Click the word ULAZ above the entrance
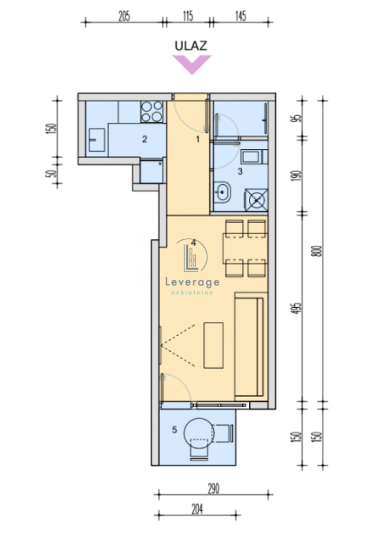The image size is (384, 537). (x=191, y=46)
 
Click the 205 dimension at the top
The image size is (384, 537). (x=124, y=16)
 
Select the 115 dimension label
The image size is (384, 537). (x=188, y=16)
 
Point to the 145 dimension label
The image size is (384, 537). (x=241, y=16)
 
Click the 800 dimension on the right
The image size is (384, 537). (x=318, y=251)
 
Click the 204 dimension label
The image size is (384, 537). (x=197, y=509)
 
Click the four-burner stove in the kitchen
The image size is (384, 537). (x=152, y=111)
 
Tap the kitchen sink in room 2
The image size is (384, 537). (x=97, y=140)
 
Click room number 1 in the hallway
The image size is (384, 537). (x=197, y=139)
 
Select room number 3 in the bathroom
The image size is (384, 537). (x=240, y=171)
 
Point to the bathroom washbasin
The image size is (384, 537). (x=222, y=192)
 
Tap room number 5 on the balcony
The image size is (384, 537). (x=174, y=429)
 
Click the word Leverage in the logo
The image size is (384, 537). (x=192, y=282)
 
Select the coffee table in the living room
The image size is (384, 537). (x=213, y=345)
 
